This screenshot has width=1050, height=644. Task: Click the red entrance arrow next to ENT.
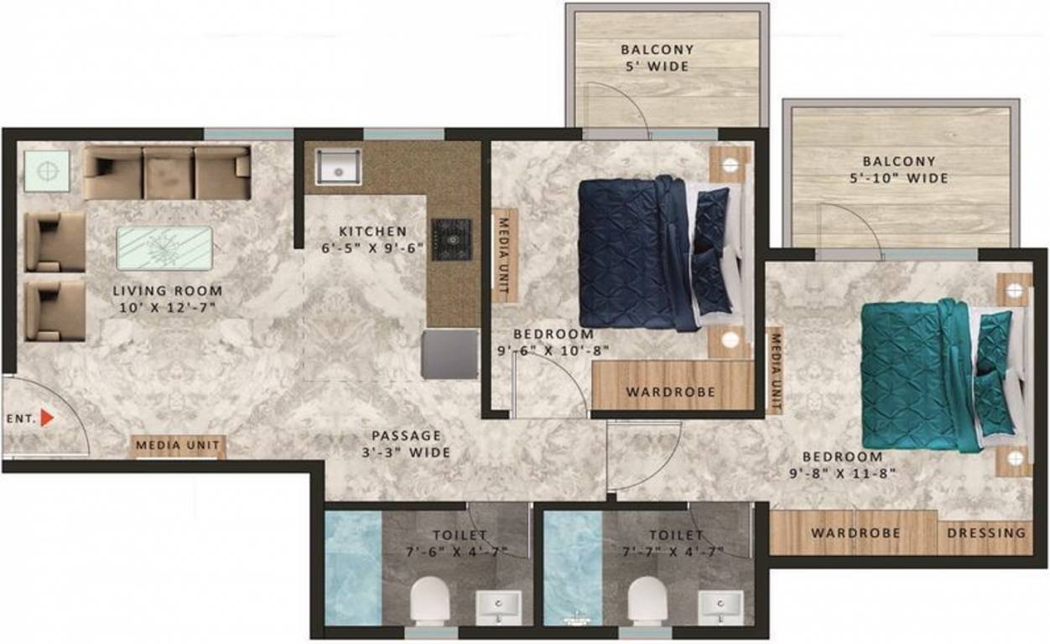coord(47,417)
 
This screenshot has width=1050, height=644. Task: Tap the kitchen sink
coord(338,167)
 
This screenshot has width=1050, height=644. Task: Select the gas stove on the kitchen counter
coord(451,237)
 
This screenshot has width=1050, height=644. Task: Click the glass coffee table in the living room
coord(164,248)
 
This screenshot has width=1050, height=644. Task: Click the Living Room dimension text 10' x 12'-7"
coord(168,308)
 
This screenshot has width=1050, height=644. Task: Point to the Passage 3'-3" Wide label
coord(406,444)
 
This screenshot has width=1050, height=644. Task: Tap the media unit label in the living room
coord(178,445)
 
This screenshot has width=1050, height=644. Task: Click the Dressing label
coord(986,532)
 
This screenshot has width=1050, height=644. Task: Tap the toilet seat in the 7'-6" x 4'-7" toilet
coord(429,600)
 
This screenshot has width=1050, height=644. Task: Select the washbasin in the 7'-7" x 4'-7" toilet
coord(720,606)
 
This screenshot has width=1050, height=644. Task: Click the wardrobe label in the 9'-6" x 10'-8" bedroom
coord(670,392)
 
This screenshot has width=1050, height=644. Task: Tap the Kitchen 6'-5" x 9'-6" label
coord(372,239)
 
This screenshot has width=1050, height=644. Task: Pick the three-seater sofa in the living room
coord(166,173)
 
